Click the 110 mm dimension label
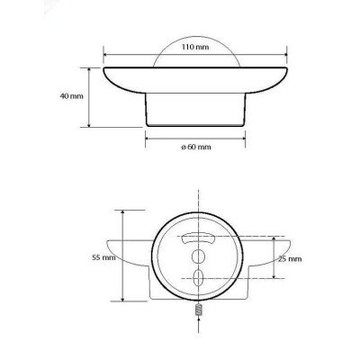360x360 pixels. (195, 47)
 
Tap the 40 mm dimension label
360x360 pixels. (72, 96)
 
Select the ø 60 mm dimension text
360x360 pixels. (196, 147)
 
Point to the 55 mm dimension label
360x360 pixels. (103, 257)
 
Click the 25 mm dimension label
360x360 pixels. (290, 259)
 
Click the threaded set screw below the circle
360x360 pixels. (198, 310)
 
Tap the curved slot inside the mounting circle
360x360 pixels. (197, 238)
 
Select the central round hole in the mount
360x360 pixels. (198, 256)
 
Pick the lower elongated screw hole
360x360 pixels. (198, 277)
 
